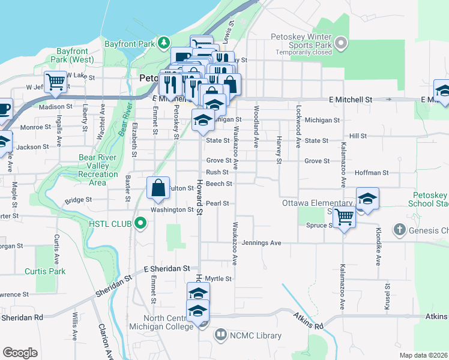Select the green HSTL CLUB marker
pyautogui.click(x=141, y=224)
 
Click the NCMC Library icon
pyautogui.click(x=221, y=334)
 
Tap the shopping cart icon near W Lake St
pyautogui.click(x=55, y=82)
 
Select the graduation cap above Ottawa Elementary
pyautogui.click(x=367, y=199)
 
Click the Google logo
pyautogui.click(x=20, y=352)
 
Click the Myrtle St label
pyautogui.click(x=218, y=278)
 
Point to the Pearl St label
pyautogui.click(x=218, y=203)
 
